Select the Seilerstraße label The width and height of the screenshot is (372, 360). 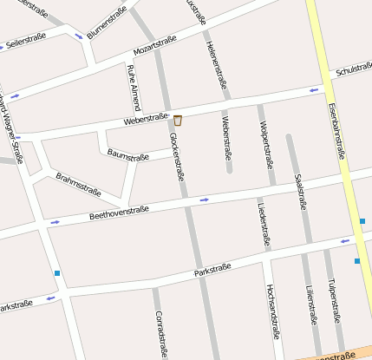[25, 40]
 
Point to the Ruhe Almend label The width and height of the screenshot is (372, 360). [132, 79]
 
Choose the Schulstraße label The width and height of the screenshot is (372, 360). [353, 68]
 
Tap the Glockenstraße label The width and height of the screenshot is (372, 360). [176, 156]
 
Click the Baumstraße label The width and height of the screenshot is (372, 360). [128, 156]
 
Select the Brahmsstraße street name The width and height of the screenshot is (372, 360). [78, 185]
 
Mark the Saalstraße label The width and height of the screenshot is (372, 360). [301, 192]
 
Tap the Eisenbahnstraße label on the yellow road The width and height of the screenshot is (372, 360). [337, 130]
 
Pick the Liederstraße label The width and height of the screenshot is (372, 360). [260, 224]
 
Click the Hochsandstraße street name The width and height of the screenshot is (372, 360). [274, 311]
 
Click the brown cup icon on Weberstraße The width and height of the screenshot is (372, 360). [178, 120]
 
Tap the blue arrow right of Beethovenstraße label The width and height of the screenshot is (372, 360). [204, 200]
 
